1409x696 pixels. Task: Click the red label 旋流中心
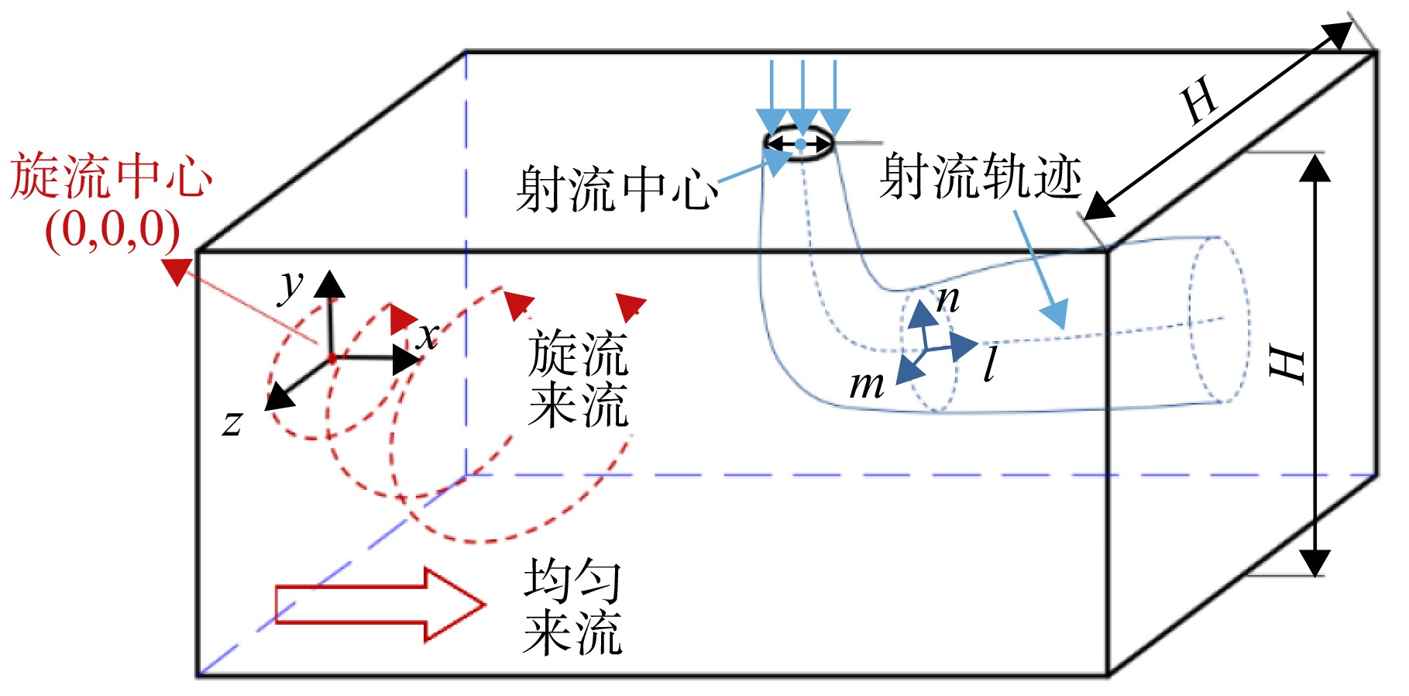[x=111, y=177]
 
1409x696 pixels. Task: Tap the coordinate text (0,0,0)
[x=112, y=230]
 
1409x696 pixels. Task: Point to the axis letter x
[x=428, y=336]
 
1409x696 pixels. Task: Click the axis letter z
[x=232, y=423]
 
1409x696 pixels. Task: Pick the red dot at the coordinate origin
[x=332, y=358]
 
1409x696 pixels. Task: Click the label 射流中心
[x=617, y=188]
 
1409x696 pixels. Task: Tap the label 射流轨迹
[x=981, y=176]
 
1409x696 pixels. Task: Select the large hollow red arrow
[x=380, y=605]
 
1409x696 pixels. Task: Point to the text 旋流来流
[x=578, y=379]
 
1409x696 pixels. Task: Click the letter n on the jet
[x=947, y=299]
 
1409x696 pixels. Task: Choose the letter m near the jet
[x=867, y=384]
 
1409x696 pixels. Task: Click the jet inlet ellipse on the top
[x=799, y=143]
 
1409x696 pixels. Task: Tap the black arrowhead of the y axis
[x=330, y=284]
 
